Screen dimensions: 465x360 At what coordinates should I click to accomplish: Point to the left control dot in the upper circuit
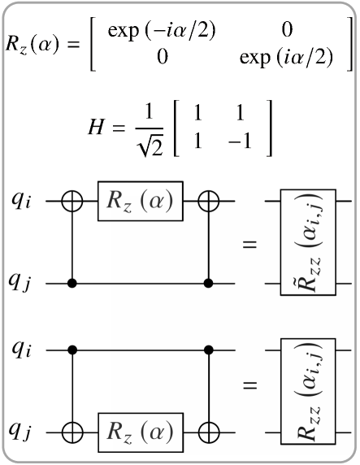[74, 284]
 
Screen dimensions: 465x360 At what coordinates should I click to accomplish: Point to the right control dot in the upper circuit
[210, 284]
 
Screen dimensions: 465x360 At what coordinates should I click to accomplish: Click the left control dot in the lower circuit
[74, 350]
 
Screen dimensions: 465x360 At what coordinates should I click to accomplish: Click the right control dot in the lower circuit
[210, 350]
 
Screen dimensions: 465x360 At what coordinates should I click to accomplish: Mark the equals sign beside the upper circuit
[250, 243]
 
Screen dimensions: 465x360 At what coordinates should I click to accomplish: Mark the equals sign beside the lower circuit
[250, 389]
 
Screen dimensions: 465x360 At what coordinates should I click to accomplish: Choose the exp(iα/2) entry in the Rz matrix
[284, 59]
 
